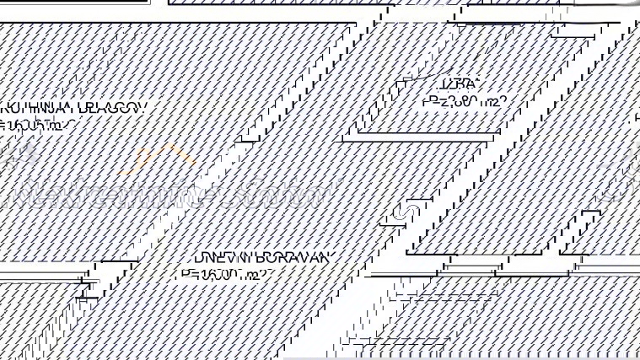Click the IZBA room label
(459, 84)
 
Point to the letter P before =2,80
(428, 102)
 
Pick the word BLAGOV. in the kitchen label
(113, 109)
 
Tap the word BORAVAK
(283, 257)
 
